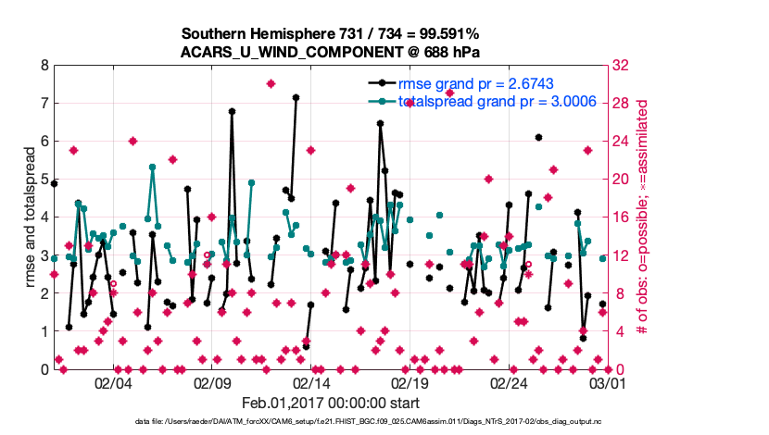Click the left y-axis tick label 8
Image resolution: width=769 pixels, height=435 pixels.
44,67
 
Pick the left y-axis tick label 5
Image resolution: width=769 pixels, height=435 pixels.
44,180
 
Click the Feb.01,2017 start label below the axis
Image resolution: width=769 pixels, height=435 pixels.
330,403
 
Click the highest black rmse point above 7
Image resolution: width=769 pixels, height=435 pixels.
296,97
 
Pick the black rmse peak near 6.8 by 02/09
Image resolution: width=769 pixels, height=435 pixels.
232,112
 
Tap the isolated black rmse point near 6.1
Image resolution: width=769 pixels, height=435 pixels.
538,138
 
